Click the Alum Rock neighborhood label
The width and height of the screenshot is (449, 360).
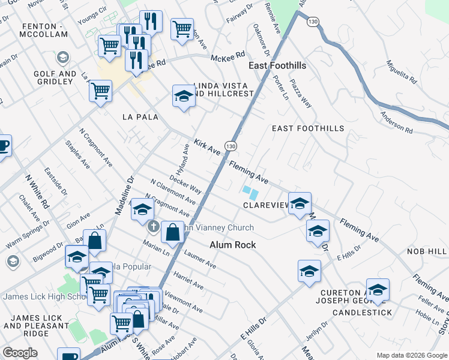pyautogui.click(x=233, y=245)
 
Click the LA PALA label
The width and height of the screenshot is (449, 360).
pyautogui.click(x=140, y=117)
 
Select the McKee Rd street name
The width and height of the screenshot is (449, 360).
pyautogui.click(x=228, y=58)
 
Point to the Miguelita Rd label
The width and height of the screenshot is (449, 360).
pyautogui.click(x=402, y=71)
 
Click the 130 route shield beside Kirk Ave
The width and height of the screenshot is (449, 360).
pyautogui.click(x=231, y=146)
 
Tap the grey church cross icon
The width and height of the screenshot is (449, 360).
pyautogui.click(x=154, y=227)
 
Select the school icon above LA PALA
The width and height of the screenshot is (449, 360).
pyautogui.click(x=184, y=96)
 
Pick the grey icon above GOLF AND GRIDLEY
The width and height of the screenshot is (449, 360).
pyautogui.click(x=62, y=58)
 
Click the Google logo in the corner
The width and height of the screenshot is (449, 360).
pyautogui.click(x=20, y=353)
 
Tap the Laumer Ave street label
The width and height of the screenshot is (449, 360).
pyautogui.click(x=200, y=259)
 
